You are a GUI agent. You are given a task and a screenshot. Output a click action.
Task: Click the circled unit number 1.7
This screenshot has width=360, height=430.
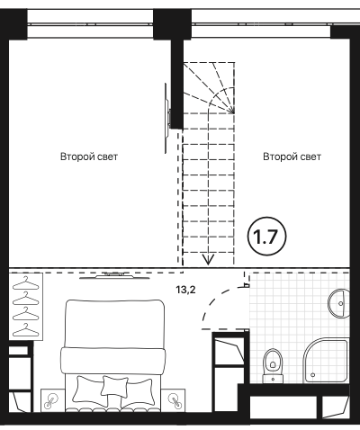tap(266, 237)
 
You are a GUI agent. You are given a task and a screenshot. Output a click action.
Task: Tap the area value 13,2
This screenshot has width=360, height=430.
tap(185, 291)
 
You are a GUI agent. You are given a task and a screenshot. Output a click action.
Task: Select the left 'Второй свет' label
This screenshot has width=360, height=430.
tap(89, 157)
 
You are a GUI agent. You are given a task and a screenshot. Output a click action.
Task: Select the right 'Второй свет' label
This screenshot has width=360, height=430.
tap(292, 157)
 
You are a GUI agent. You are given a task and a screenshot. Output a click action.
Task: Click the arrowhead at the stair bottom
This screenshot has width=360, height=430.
tap(208, 259)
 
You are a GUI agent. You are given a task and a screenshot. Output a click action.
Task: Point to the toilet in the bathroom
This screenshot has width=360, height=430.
tap(273, 365)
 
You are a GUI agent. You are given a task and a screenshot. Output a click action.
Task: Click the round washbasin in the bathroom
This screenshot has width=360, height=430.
tap(339, 303)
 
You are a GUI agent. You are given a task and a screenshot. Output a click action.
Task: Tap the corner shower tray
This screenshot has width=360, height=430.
tap(326, 361)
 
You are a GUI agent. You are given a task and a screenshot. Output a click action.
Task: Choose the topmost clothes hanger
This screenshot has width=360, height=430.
tap(25, 283)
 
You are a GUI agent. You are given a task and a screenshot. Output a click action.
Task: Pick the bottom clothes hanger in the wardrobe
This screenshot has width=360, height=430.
tap(25, 330)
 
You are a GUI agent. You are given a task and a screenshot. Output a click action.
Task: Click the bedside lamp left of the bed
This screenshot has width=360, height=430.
tap(50, 402)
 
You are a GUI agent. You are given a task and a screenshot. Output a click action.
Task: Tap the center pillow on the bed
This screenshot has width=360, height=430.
tap(114, 386)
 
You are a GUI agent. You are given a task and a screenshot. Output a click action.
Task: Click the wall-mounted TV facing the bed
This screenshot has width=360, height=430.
tap(114, 276)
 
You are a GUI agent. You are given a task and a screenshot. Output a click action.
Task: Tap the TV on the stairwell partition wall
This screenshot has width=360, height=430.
tap(166, 119)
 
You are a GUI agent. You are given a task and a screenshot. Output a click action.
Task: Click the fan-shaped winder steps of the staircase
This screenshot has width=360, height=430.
tap(209, 87)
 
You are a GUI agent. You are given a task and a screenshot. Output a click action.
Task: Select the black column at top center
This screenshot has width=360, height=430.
tap(172, 24)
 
